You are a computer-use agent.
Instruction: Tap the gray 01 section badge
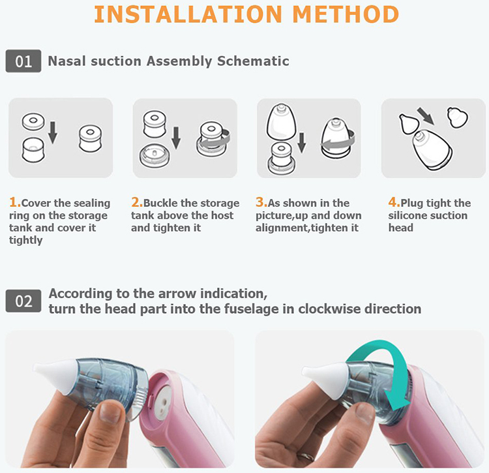tap(23, 61)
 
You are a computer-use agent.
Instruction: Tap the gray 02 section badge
tap(23, 301)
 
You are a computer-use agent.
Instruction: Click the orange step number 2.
tap(136, 203)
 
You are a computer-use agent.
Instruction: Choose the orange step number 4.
tap(394, 203)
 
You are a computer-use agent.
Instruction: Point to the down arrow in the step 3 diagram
tap(302, 144)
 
